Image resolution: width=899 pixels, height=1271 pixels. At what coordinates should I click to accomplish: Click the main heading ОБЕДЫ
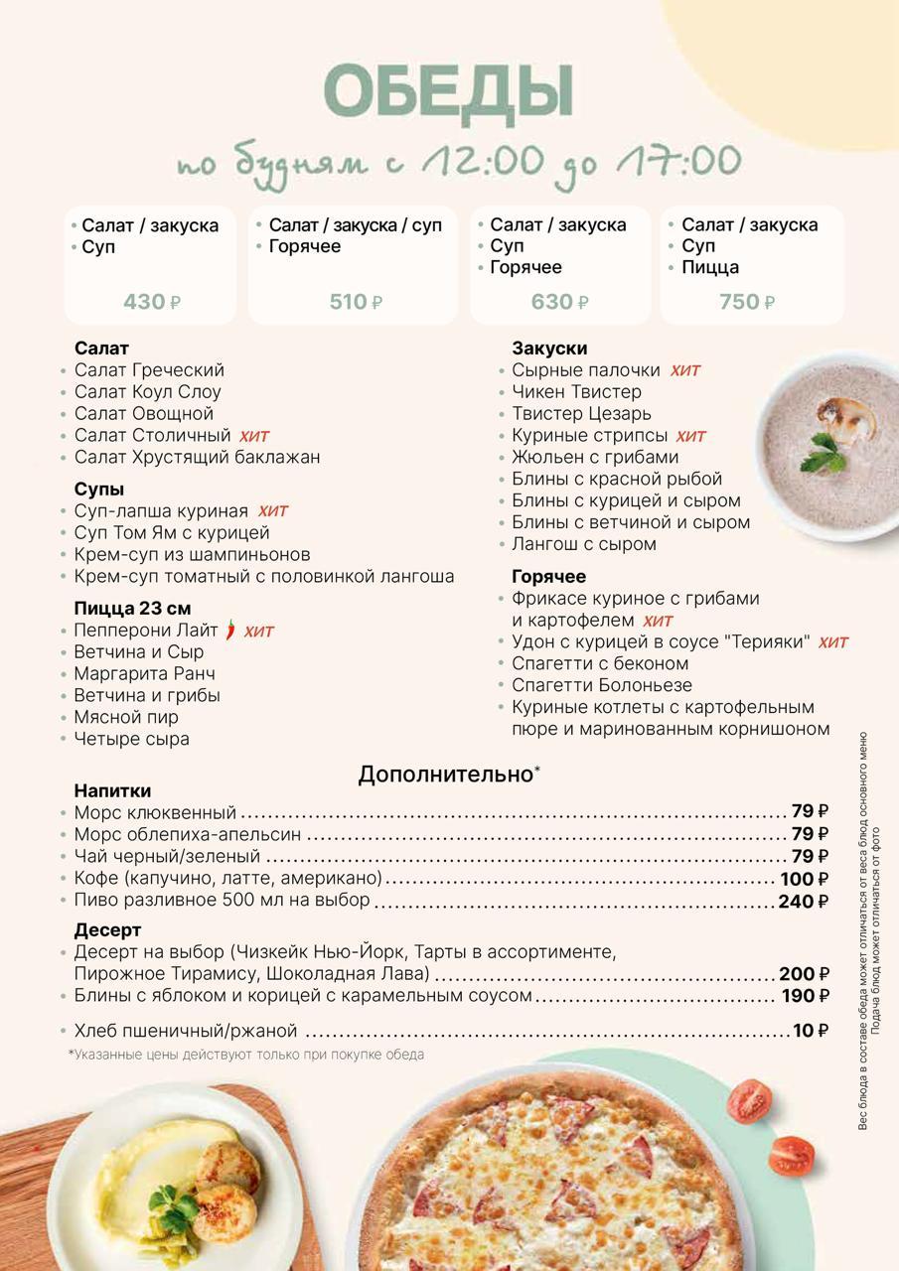point(449,92)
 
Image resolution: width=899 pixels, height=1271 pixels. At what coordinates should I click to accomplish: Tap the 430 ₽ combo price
point(151,302)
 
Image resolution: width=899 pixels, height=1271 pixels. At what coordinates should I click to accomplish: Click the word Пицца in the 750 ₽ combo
point(710,267)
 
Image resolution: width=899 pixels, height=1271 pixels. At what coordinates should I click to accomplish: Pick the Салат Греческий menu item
point(149,370)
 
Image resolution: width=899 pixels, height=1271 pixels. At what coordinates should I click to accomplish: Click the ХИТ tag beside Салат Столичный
point(253,436)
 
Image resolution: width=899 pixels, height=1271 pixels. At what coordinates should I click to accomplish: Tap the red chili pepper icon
point(230,630)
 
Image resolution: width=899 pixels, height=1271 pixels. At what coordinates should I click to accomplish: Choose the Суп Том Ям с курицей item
point(171,533)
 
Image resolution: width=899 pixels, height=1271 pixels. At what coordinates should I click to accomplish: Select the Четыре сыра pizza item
point(131,739)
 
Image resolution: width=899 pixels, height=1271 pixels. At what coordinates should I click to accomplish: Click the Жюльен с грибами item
point(595,457)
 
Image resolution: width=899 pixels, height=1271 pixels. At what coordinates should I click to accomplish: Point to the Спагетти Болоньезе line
point(602,685)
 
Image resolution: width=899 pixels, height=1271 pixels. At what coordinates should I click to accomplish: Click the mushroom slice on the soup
point(847,417)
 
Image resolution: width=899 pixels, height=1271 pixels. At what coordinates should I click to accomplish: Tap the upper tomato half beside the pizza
point(749,1100)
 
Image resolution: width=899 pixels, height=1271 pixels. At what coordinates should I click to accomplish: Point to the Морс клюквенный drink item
point(155,812)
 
